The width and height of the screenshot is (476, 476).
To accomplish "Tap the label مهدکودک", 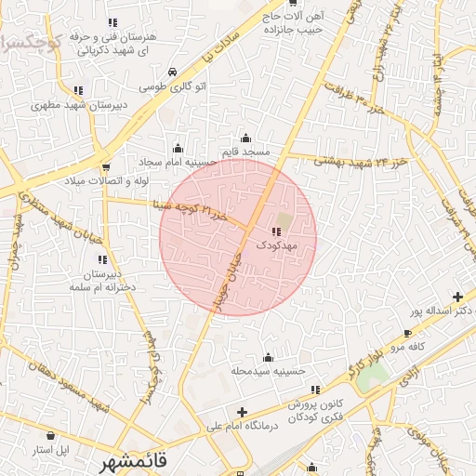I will [275, 245].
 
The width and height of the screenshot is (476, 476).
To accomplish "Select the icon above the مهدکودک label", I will [275, 231].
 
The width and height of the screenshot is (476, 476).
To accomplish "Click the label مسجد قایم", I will [245, 151].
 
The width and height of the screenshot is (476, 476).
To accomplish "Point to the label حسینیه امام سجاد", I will [178, 161].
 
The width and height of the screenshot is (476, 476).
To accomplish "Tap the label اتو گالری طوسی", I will [172, 86].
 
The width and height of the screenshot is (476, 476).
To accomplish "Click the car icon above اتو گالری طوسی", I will [172, 72].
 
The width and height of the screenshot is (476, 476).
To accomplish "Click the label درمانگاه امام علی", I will [242, 426].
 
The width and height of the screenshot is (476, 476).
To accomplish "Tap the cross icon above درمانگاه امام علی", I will [242, 412].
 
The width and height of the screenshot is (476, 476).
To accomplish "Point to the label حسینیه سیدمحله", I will [270, 371].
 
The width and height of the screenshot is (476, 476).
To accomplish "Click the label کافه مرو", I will [407, 347].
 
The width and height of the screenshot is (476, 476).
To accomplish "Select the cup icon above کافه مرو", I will [407, 333].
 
